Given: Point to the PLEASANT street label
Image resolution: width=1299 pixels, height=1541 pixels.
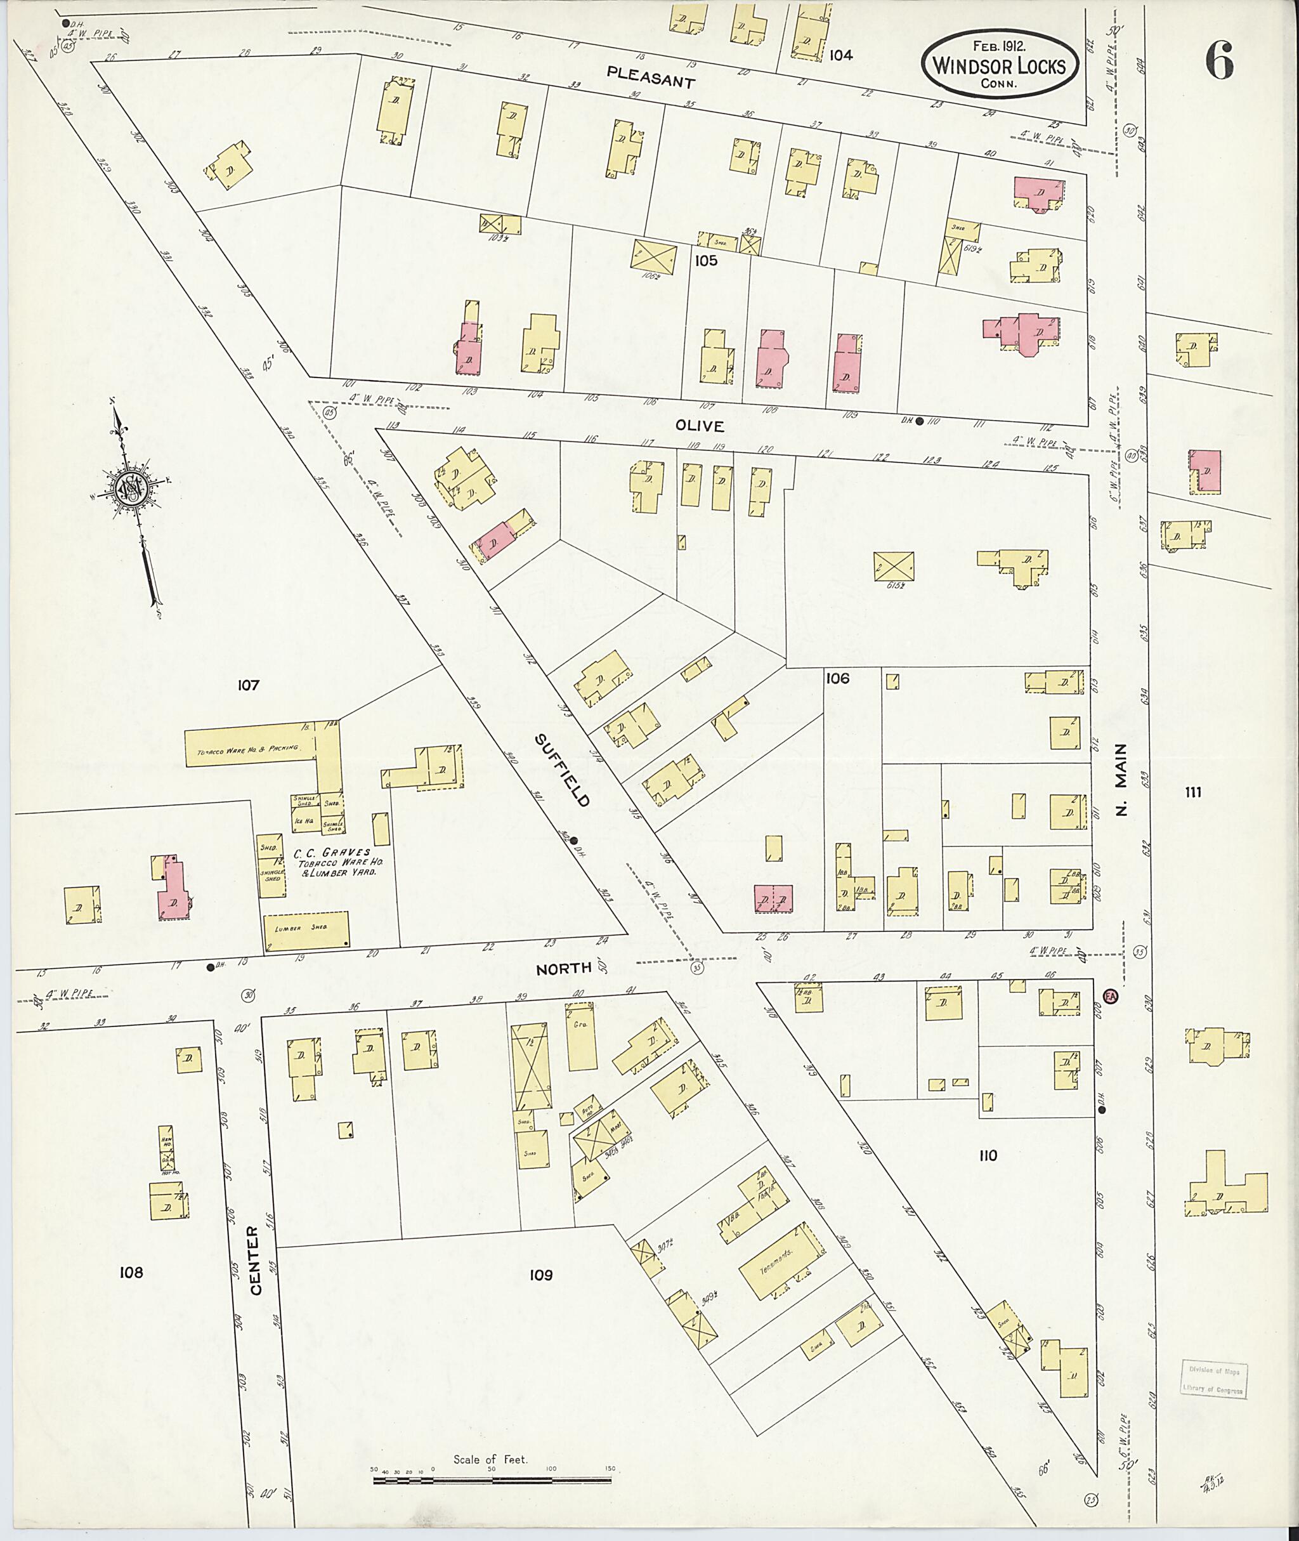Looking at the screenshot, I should pos(651,77).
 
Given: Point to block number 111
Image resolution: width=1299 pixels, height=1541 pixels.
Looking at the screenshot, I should pos(1193,792).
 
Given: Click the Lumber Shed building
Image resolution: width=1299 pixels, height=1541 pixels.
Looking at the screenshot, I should pos(306,929).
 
